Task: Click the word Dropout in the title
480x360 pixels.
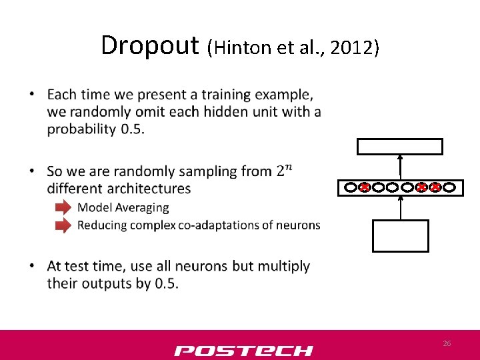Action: click(149, 45)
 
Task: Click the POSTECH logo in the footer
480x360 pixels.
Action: click(243, 350)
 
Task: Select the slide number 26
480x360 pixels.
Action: click(447, 343)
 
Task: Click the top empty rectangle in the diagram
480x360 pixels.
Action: click(399, 147)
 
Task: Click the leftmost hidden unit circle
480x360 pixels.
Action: click(351, 188)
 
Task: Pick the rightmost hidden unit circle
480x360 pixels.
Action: click(449, 188)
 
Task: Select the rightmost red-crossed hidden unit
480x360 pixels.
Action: click(435, 188)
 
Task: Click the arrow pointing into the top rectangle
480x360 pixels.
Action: click(400, 166)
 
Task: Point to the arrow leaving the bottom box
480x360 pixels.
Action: click(400, 207)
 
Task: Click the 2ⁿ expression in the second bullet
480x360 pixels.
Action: click(284, 169)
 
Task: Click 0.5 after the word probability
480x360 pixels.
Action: click(132, 129)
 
